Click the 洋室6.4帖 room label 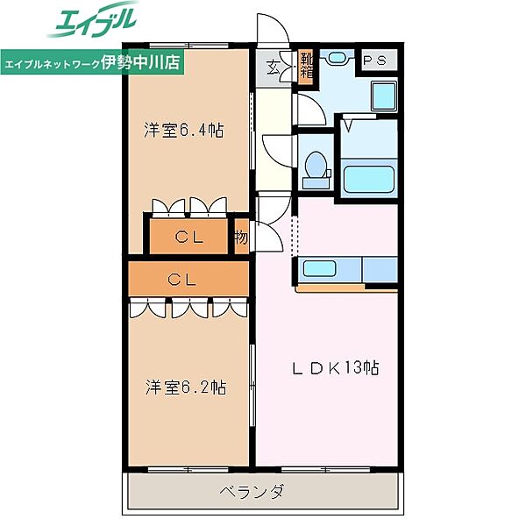(x=183, y=130)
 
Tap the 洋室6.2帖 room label (x=186, y=387)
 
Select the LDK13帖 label (x=336, y=367)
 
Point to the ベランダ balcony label (x=252, y=492)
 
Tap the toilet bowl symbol (x=316, y=165)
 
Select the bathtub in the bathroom (x=369, y=179)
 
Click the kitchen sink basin (x=319, y=268)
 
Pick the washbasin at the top (x=337, y=57)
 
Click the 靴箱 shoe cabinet (x=306, y=68)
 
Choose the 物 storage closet (x=241, y=238)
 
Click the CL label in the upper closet (x=189, y=238)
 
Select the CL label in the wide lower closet (x=181, y=280)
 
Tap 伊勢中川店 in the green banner (x=140, y=61)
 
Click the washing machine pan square (x=384, y=96)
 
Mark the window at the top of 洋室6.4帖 (x=188, y=46)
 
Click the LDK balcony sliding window (x=326, y=469)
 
